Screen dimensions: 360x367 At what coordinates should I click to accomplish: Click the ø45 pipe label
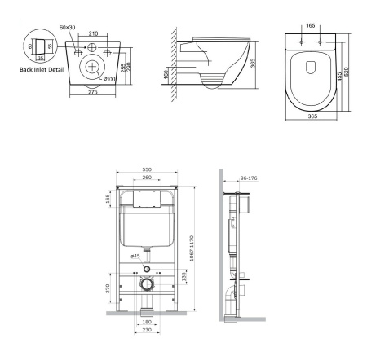coord(136,256)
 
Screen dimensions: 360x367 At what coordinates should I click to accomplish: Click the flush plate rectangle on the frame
coord(145,196)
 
